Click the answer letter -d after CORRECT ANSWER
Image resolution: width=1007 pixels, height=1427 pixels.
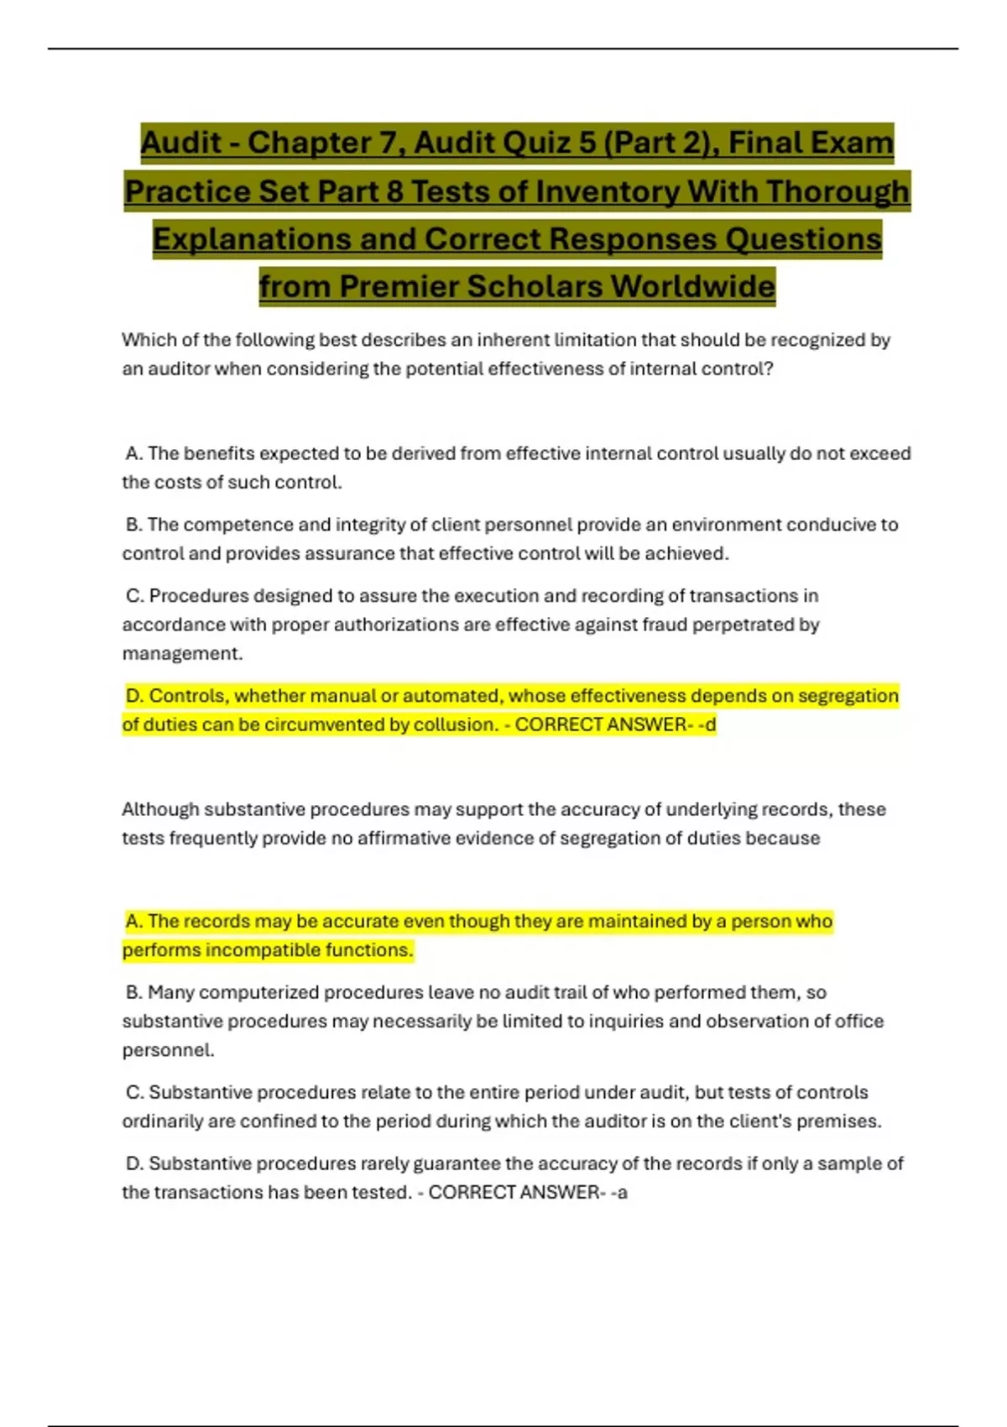click(x=707, y=724)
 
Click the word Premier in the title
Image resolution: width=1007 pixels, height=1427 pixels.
click(x=399, y=286)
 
